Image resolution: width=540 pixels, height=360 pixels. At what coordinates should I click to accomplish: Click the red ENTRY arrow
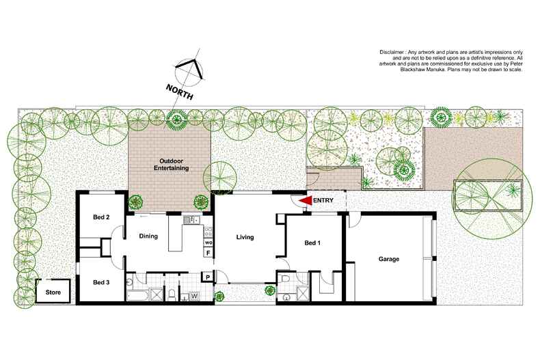pos(306,200)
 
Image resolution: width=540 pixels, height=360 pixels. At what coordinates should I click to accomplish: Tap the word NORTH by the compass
pos(179,92)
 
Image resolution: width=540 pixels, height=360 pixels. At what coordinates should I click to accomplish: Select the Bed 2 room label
pos(101,217)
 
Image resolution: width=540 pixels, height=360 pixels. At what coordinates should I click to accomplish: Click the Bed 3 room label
pos(100,282)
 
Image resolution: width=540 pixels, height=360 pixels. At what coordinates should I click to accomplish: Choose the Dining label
pos(148,236)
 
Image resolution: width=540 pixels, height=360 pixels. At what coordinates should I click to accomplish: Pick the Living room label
pos(245,238)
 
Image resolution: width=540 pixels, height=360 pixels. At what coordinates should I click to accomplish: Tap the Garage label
pos(389,259)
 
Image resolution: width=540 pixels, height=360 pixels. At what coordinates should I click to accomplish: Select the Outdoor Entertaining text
pos(169,164)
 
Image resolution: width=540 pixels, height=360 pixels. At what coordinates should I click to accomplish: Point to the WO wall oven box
pos(208,243)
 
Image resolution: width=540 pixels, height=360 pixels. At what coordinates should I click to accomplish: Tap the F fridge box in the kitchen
pos(207,253)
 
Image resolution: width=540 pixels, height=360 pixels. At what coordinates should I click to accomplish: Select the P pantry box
pos(207,277)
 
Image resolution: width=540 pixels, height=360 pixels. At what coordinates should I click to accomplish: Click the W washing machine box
pos(193,296)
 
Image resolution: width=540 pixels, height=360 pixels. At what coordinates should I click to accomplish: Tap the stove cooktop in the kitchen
pos(207,228)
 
